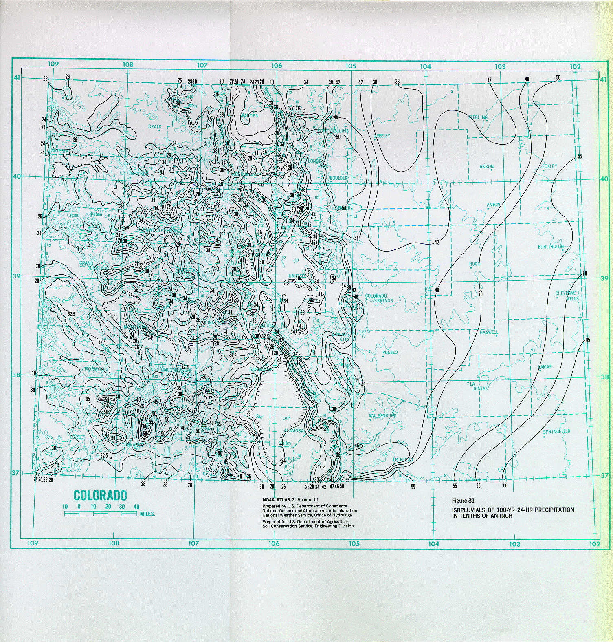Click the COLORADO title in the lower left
click(100, 496)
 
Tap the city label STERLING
click(478, 117)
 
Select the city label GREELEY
click(382, 136)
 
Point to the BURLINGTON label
click(551, 247)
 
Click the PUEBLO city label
click(390, 352)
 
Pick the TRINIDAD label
click(403, 460)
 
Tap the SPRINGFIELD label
click(556, 432)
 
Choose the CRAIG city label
click(155, 127)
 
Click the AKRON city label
click(486, 167)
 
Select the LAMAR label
click(545, 367)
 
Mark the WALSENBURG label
click(382, 416)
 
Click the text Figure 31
click(463, 501)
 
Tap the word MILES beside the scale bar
click(147, 514)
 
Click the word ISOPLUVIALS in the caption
click(468, 510)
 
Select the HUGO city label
click(475, 264)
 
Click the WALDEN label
click(249, 116)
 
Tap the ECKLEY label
click(549, 166)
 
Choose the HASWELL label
click(489, 332)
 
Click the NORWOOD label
click(96, 369)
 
